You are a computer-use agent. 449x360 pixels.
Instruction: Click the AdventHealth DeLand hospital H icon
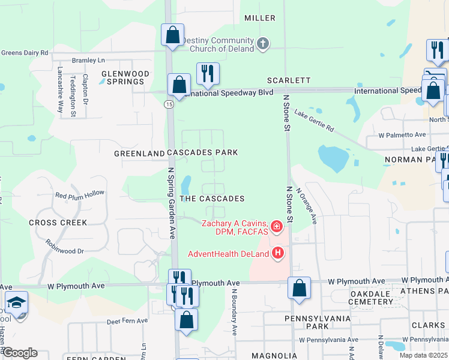point(277,254)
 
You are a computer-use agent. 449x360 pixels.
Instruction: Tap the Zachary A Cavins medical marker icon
point(277,226)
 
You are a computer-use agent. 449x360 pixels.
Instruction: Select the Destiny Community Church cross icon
point(262,43)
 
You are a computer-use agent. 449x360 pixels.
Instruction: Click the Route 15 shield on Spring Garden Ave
point(169,104)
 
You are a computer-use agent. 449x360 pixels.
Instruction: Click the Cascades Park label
point(202,153)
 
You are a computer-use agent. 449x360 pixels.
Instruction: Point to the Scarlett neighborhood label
point(289,80)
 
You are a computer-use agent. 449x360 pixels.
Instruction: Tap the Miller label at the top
point(260,18)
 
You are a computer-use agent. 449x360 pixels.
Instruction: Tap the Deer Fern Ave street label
point(127,321)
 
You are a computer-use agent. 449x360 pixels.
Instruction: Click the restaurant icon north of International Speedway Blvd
point(208,73)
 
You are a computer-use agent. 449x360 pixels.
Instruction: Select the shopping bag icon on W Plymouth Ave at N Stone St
point(299,287)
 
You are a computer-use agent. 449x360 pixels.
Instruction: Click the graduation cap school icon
point(17,302)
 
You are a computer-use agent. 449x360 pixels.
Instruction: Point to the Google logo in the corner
point(19,353)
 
